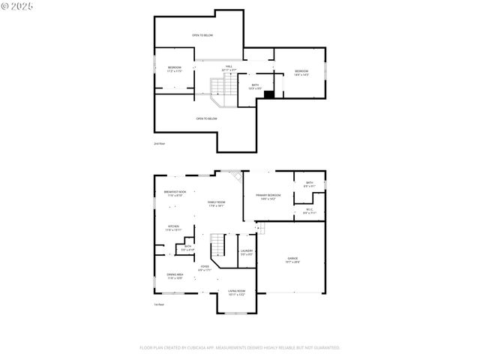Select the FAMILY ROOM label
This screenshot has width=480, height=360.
pos(216,203)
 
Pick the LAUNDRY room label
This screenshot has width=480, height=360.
pos(247,252)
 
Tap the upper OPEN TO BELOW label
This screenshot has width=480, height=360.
pos(201,35)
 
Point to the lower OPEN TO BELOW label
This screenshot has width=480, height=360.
pos(206,118)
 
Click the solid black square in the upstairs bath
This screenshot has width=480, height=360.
pos(270,94)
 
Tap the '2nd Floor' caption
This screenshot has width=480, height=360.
pos(158,142)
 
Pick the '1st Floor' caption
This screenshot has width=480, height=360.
pos(158,304)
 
